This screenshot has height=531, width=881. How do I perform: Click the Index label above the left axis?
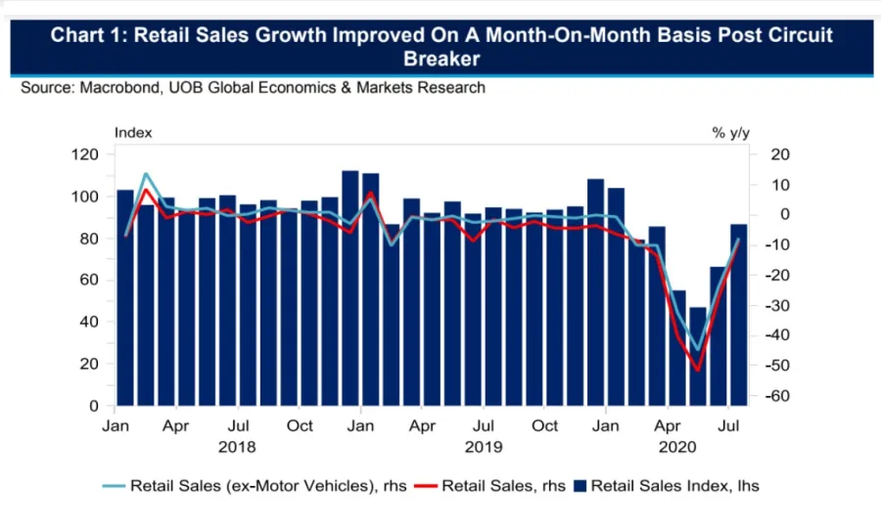(x=133, y=132)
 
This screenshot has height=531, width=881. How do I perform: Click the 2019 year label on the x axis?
(x=485, y=447)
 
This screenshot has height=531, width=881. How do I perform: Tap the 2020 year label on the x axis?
(x=677, y=447)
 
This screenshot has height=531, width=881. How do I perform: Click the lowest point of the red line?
(x=698, y=370)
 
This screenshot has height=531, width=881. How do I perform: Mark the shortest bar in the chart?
(x=698, y=356)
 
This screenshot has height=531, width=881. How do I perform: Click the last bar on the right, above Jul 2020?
(x=739, y=313)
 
